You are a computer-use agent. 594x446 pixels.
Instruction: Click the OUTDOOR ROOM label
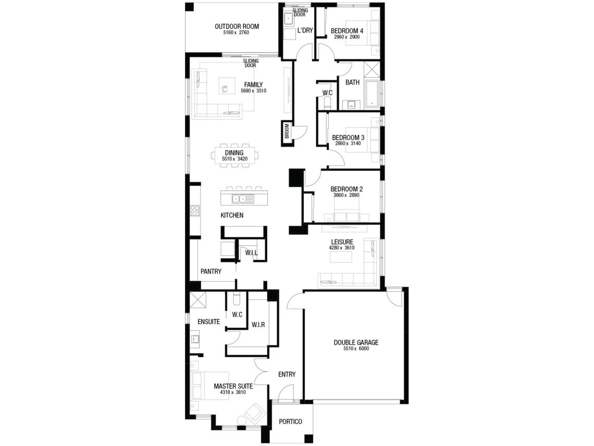coord(237,27)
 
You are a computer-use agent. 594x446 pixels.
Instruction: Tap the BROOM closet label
coord(287,131)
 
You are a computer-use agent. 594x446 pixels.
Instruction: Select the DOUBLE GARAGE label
coord(356,343)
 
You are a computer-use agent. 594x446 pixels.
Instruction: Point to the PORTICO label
coord(291,421)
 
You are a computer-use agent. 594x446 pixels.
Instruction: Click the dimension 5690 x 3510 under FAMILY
coord(253,91)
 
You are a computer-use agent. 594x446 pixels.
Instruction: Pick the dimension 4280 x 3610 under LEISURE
coord(341,248)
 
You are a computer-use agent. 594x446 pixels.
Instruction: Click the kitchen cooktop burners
coord(195,211)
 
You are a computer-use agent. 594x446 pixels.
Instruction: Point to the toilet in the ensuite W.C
coord(237,299)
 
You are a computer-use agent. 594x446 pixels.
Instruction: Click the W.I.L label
coord(251,252)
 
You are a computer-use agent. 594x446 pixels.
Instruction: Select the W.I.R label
coord(258,324)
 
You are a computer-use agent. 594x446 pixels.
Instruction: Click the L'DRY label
coord(305,30)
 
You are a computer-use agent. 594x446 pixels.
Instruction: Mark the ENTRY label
coord(287,375)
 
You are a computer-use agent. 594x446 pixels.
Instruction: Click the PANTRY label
coord(211,272)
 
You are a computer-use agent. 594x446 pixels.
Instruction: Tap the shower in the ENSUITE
coord(198,300)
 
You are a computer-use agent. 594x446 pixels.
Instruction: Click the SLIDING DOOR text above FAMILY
coord(251,63)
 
